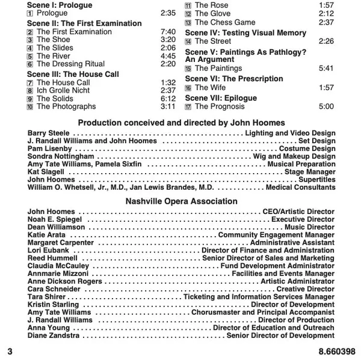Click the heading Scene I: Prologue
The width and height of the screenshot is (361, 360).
click(x=60, y=4)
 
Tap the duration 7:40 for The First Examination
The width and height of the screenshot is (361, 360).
click(x=168, y=31)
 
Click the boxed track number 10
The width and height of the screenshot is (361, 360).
click(x=30, y=107)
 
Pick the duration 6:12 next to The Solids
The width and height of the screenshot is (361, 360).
click(x=168, y=99)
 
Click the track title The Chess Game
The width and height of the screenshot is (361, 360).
click(x=225, y=22)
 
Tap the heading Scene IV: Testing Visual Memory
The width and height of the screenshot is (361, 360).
click(x=245, y=32)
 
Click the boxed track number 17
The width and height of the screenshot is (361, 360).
click(x=188, y=107)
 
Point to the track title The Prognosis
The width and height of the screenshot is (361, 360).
click(x=220, y=106)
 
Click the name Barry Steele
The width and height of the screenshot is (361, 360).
click(x=49, y=133)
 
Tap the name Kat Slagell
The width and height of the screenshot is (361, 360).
click(x=45, y=172)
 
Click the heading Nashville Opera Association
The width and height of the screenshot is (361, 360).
click(x=181, y=201)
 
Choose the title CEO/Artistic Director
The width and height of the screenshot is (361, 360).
click(x=298, y=212)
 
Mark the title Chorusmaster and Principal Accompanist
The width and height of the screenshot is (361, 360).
click(x=263, y=313)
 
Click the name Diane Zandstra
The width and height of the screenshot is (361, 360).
click(x=55, y=336)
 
